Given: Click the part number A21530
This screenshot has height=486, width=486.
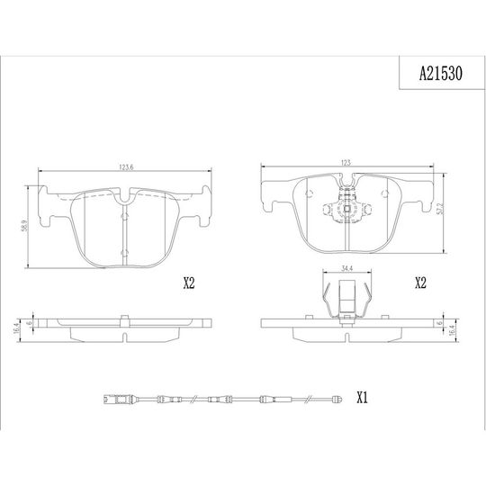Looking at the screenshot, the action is (x=441, y=74).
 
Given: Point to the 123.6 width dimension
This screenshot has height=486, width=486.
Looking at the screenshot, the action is (x=126, y=167).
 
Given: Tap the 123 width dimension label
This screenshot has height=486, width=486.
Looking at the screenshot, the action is (x=346, y=162).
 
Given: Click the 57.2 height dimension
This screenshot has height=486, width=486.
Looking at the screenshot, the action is (x=441, y=208).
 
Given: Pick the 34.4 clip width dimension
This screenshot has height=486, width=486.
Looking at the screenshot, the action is (x=346, y=268).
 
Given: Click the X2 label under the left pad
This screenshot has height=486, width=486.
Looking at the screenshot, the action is (x=189, y=283).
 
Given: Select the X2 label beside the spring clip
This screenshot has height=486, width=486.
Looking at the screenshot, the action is (x=420, y=283).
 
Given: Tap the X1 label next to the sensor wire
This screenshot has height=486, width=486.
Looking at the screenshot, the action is (x=362, y=398).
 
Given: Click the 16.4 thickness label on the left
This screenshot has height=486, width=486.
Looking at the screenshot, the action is (x=17, y=328).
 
